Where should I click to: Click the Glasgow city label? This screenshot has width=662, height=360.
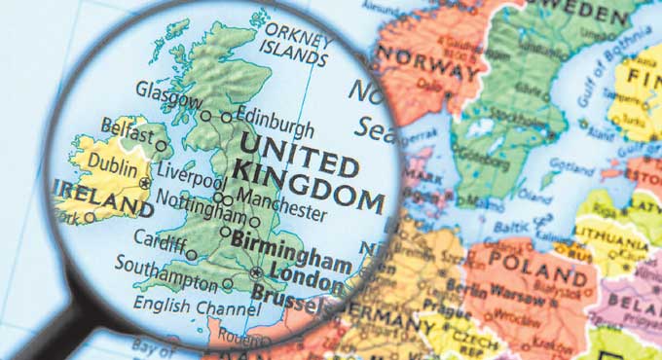coord(168,92)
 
